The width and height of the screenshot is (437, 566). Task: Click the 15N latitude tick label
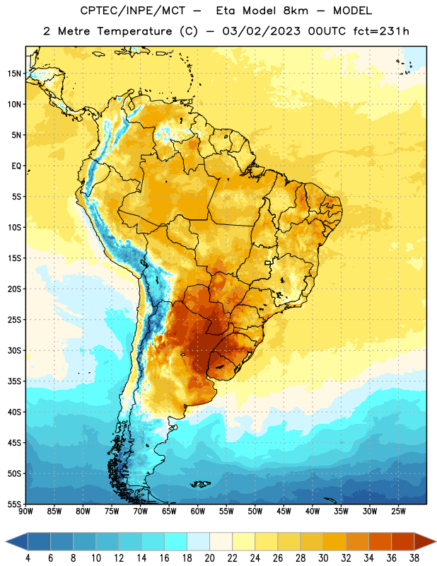[14, 74]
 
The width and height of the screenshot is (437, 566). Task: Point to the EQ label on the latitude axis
[16, 166]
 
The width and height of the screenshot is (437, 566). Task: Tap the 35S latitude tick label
[14, 381]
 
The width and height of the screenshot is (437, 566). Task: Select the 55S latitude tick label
[14, 504]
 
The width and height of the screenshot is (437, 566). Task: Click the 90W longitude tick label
[25, 512]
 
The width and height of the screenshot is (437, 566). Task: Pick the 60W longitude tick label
[198, 512]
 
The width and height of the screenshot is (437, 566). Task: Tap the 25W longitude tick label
[398, 512]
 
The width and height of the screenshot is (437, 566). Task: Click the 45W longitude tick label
[284, 512]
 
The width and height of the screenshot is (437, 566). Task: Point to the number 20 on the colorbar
[209, 558]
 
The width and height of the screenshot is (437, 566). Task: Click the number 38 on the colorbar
[414, 558]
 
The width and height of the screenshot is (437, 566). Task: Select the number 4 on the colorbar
[28, 558]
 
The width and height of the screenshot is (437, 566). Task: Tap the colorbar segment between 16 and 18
[176, 541]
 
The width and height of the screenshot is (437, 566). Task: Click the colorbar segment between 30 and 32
[334, 541]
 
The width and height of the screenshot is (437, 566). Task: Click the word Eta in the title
[226, 11]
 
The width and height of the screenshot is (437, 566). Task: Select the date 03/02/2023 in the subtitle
[261, 31]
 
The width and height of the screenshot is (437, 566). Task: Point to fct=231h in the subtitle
[381, 31]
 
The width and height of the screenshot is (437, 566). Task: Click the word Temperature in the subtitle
[134, 31]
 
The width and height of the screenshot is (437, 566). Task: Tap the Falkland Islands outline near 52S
[200, 484]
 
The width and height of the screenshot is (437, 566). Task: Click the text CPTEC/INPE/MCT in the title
[133, 11]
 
